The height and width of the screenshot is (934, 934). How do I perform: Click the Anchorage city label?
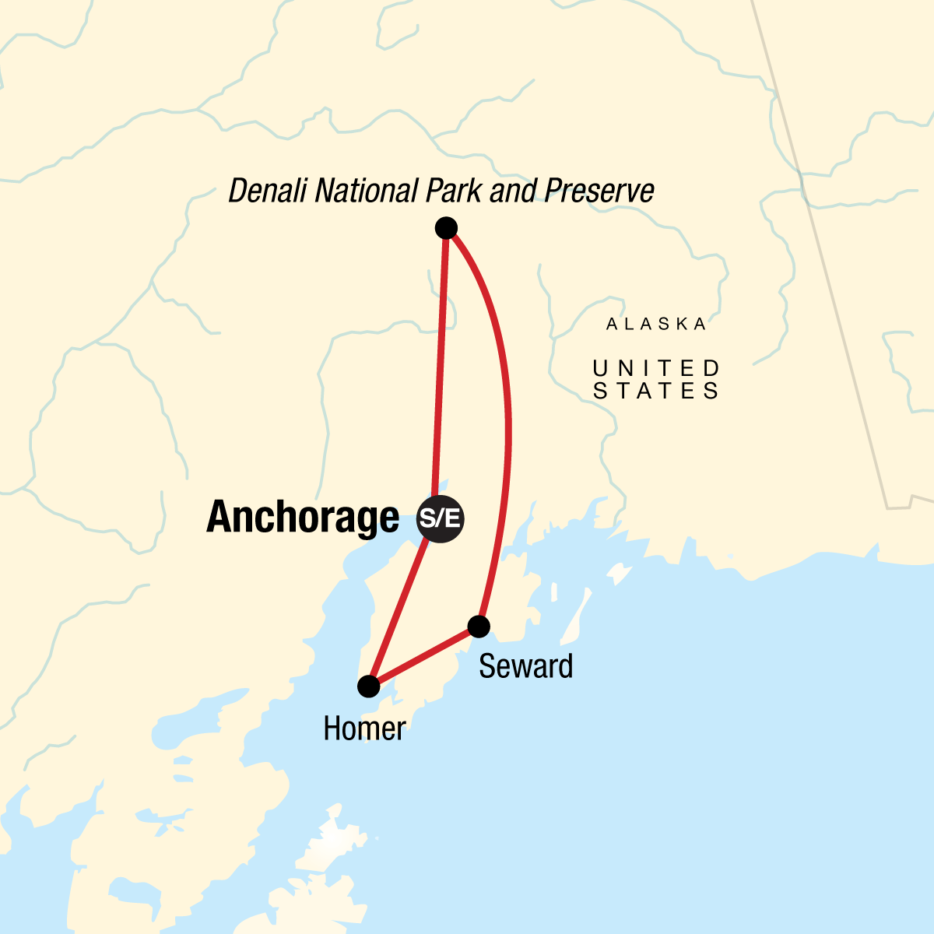303,518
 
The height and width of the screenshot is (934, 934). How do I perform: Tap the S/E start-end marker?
441,518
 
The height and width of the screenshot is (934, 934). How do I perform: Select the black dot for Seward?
479,626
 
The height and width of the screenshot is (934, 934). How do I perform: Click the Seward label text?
525,667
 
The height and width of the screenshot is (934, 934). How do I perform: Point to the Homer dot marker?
368,686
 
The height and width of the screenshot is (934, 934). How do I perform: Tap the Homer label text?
364,729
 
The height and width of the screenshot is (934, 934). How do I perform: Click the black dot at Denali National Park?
446,228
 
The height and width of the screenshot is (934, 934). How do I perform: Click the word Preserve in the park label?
599,191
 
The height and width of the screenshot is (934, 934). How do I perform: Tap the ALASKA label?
656,324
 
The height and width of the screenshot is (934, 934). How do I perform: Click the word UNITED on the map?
656,367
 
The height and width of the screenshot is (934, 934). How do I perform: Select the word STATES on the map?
656,391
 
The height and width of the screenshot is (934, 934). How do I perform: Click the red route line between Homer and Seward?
424,656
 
